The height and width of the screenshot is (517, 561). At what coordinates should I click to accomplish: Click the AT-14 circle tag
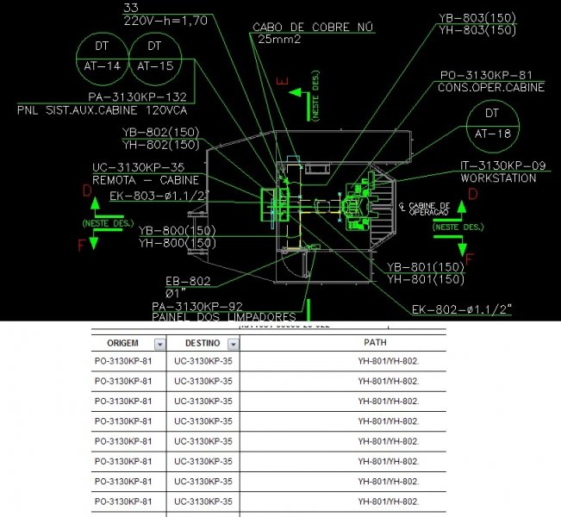click(x=101, y=56)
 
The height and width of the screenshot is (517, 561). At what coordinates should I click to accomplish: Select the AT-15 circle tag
click(x=155, y=56)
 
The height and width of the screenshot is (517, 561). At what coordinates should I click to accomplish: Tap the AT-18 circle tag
click(x=492, y=124)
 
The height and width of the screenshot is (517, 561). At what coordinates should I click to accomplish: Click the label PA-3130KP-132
click(x=138, y=97)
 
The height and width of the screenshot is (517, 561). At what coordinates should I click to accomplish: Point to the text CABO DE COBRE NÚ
click(x=313, y=28)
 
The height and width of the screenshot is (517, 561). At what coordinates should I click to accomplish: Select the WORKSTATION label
click(x=498, y=178)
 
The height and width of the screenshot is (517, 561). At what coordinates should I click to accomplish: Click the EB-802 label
click(x=188, y=281)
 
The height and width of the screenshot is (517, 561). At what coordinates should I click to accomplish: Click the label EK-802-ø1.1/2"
click(x=462, y=308)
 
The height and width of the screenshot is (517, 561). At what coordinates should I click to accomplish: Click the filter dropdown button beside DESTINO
click(x=232, y=344)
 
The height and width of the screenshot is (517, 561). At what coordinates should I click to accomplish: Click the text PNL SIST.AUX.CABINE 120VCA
click(x=103, y=110)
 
